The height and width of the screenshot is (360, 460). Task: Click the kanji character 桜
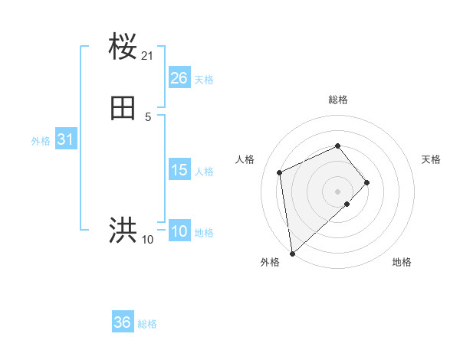(x=123, y=47)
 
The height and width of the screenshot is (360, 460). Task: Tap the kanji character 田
(x=123, y=110)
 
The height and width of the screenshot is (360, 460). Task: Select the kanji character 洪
(x=123, y=230)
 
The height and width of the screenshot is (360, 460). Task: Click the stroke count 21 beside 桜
(x=148, y=56)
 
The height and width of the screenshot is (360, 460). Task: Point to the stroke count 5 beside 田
(x=148, y=116)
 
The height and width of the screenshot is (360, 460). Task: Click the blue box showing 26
(x=179, y=78)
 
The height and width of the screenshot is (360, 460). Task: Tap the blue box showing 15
(x=179, y=170)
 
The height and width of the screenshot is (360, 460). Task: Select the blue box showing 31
(x=66, y=139)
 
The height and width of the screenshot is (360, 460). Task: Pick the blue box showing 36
(x=123, y=322)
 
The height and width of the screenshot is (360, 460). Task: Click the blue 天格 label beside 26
(x=204, y=80)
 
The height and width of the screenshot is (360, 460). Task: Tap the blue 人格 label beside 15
(x=204, y=172)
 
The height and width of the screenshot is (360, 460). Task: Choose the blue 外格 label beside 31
(x=41, y=141)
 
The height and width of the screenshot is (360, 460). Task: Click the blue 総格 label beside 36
(x=147, y=324)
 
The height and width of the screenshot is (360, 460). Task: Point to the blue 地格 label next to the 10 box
(x=204, y=233)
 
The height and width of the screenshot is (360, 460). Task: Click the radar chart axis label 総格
(x=337, y=100)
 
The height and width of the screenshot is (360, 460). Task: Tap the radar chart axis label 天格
(x=431, y=159)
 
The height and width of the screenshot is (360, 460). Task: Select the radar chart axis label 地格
(x=402, y=262)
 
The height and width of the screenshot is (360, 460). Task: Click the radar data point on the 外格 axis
(x=291, y=253)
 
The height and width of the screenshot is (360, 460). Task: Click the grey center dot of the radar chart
(x=337, y=191)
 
